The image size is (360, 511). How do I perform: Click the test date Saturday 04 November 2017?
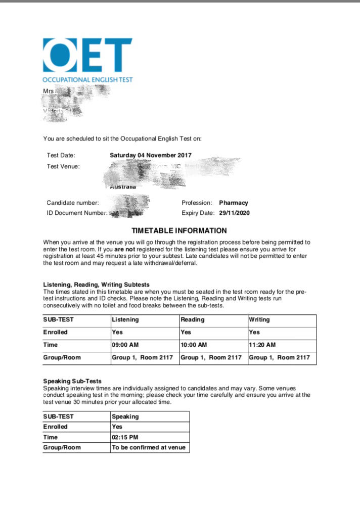(151, 155)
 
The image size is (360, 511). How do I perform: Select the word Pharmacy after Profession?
(234, 203)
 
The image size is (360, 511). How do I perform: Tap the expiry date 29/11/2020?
(234, 213)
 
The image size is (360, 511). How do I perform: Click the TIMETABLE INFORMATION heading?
(186, 230)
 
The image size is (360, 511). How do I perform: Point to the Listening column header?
(125, 320)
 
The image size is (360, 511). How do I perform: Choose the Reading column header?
(193, 320)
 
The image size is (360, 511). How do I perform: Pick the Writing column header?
(259, 320)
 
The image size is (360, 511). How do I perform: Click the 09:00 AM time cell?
(125, 345)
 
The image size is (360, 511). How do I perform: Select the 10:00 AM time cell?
(194, 345)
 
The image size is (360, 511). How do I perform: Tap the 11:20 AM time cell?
(262, 345)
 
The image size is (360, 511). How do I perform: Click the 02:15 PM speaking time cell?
(124, 437)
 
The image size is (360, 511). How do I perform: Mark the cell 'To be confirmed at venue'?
(149, 447)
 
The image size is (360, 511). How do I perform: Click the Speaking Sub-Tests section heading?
(72, 381)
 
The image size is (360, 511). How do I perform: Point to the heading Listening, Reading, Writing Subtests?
(96, 285)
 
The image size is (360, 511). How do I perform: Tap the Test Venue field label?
(63, 166)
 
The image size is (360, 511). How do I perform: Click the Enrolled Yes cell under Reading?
(186, 333)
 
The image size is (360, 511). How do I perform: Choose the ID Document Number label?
(77, 213)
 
